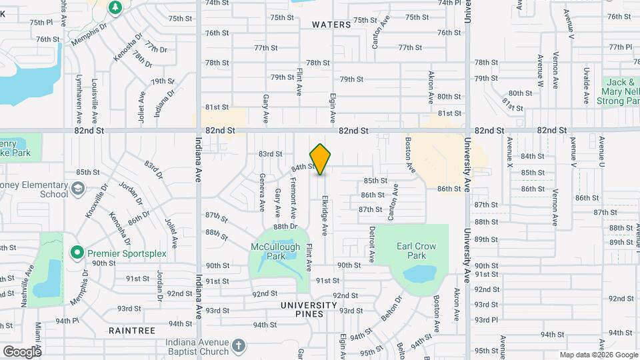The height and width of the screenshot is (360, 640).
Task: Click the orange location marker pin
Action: pyautogui.click(x=320, y=159)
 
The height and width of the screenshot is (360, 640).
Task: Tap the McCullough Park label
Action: pyautogui.click(x=277, y=251)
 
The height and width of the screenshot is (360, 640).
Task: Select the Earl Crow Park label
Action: pyautogui.click(x=417, y=251)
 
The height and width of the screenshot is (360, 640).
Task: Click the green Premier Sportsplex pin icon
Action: pyautogui.click(x=77, y=253)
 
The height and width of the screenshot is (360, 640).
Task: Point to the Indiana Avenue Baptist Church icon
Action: pyautogui.click(x=239, y=347)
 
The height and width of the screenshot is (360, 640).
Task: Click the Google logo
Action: pyautogui.click(x=22, y=351)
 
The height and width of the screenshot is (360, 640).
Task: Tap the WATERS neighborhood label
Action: pyautogui.click(x=331, y=25)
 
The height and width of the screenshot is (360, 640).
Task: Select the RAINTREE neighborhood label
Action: pyautogui.click(x=132, y=331)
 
